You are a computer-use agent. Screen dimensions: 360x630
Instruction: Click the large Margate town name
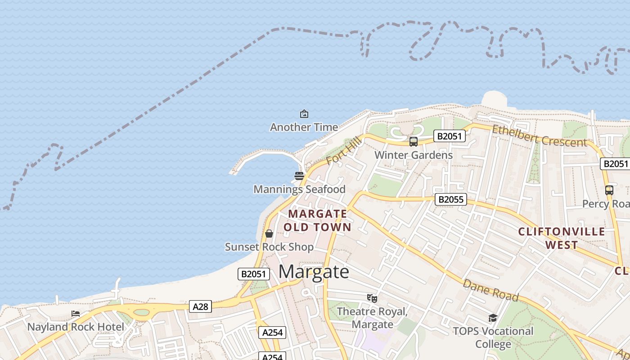pyautogui.click(x=314, y=272)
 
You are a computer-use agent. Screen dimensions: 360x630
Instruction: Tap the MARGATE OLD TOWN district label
pyautogui.click(x=318, y=220)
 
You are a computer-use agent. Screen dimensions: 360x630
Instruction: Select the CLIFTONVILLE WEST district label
pyautogui.click(x=562, y=238)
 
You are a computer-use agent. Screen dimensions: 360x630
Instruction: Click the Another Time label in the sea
pyautogui.click(x=304, y=127)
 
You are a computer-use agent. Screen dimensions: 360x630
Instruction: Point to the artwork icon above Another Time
pyautogui.click(x=304, y=114)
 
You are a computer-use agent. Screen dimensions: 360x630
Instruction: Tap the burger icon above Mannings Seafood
pyautogui.click(x=299, y=175)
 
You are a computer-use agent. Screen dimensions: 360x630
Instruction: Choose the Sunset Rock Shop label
pyautogui.click(x=269, y=247)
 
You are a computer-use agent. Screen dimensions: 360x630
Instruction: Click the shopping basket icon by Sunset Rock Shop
pyautogui.click(x=269, y=234)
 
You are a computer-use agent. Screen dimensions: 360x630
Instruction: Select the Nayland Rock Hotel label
pyautogui.click(x=76, y=327)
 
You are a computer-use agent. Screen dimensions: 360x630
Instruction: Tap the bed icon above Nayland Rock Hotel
pyautogui.click(x=76, y=313)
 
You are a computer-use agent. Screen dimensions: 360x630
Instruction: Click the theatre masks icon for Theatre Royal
pyautogui.click(x=372, y=298)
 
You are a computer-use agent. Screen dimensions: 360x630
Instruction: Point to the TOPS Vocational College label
pyautogui.click(x=493, y=337)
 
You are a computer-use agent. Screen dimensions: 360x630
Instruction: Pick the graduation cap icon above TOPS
pyautogui.click(x=493, y=318)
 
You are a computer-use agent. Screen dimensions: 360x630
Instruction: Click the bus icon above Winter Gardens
pyautogui.click(x=414, y=141)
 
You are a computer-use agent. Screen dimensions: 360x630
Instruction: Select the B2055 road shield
pyautogui.click(x=450, y=199)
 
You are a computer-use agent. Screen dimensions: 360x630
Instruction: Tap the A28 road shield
pyautogui.click(x=200, y=306)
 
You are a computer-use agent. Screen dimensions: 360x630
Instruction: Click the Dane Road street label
pyautogui.click(x=490, y=290)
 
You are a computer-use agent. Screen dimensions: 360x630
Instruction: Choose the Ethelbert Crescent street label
pyautogui.click(x=539, y=136)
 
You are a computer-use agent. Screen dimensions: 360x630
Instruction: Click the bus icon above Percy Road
pyautogui.click(x=609, y=190)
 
